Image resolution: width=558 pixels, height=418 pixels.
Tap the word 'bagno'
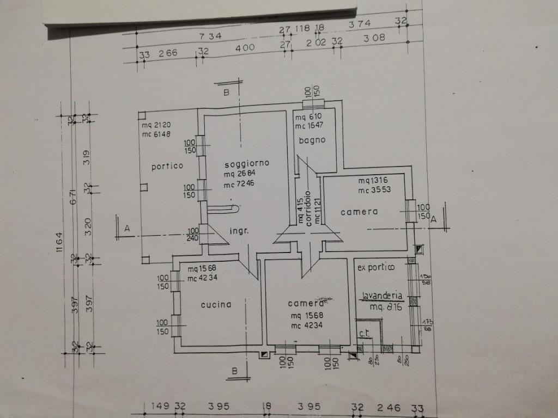point(312,140)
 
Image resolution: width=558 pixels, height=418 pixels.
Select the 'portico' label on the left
point(167,167)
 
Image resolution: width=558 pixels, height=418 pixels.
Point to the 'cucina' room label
point(216,304)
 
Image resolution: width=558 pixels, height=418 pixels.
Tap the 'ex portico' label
point(376,267)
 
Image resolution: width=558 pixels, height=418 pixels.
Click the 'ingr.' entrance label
point(239,231)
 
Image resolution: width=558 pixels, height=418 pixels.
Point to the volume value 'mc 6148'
point(156,134)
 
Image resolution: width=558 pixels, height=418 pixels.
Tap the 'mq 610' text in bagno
point(308,116)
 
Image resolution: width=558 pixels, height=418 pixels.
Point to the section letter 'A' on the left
point(127,229)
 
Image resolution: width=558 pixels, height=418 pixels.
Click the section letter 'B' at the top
point(227,93)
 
